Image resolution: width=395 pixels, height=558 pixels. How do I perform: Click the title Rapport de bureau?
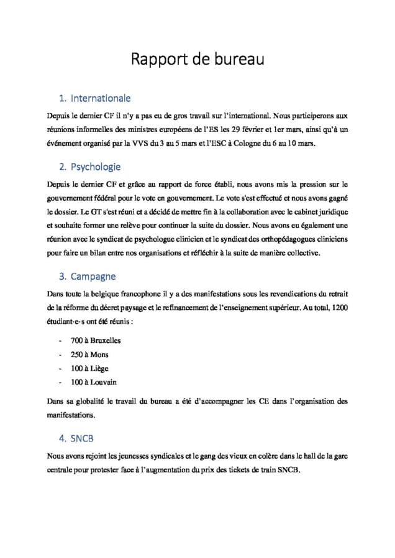197,60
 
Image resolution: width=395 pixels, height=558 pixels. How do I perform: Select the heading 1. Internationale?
94,98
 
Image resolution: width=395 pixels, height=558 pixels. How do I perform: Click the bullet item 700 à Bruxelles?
91,340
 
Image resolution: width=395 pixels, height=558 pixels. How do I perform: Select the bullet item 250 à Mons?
85,354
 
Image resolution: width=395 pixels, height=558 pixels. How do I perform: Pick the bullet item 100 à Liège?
85,368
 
